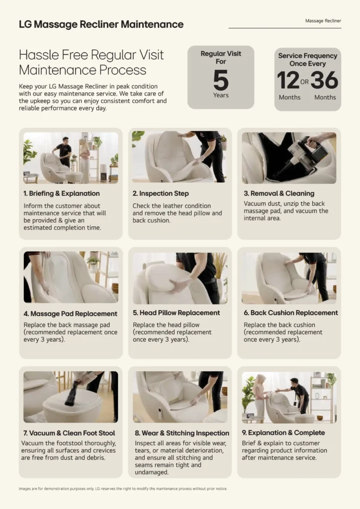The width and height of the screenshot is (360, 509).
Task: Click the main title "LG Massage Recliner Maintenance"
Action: (101, 24)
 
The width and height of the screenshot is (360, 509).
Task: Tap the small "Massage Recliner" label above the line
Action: (323, 21)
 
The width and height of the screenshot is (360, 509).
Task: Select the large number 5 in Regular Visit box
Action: (221, 80)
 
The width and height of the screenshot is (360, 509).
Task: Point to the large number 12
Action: (288, 80)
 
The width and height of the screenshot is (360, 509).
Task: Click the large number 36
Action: (324, 80)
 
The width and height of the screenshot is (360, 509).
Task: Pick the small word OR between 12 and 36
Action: (304, 82)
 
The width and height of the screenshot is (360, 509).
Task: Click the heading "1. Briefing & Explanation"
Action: (61, 193)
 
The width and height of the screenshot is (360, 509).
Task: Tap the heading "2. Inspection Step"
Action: (161, 193)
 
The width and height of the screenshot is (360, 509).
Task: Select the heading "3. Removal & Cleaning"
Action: (279, 193)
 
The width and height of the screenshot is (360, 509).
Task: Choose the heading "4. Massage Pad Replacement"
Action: (70, 314)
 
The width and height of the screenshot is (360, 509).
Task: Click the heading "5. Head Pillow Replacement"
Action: (176, 313)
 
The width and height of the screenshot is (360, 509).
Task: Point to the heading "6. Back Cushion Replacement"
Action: (291, 313)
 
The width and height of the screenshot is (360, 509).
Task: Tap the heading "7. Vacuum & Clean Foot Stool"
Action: (69, 433)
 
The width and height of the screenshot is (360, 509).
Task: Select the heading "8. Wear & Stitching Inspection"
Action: (182, 433)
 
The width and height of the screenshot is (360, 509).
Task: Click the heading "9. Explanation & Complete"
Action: (283, 433)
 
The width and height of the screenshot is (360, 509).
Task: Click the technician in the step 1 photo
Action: (64, 152)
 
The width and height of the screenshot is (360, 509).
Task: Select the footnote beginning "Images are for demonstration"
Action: (123, 489)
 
